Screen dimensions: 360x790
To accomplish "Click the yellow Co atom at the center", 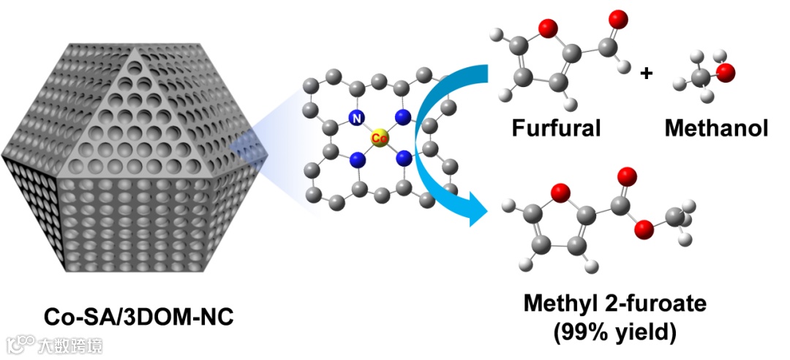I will click(x=379, y=137).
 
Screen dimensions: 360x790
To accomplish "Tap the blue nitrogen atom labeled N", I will click(x=356, y=117).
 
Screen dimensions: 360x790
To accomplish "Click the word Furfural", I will click(x=556, y=129).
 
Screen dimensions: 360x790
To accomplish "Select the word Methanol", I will click(x=716, y=129).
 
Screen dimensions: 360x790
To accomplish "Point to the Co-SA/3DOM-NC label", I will click(x=140, y=317).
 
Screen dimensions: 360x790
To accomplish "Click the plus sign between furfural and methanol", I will click(x=646, y=73).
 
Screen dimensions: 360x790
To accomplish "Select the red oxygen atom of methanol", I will click(x=725, y=72).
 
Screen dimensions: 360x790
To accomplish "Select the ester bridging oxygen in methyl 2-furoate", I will click(x=644, y=230).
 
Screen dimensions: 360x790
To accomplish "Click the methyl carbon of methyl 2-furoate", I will click(x=675, y=217).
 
